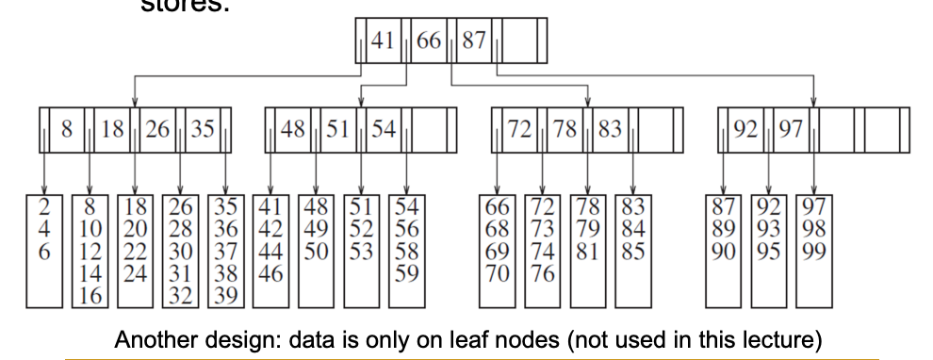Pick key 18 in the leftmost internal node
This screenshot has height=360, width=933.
[x=112, y=131]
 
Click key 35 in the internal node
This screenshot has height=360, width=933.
[x=203, y=131]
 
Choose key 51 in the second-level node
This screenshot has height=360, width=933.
[x=338, y=131]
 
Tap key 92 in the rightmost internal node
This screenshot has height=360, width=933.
[x=745, y=131]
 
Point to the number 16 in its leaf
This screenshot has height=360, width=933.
[x=90, y=295]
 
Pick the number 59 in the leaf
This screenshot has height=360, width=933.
[x=406, y=276]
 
